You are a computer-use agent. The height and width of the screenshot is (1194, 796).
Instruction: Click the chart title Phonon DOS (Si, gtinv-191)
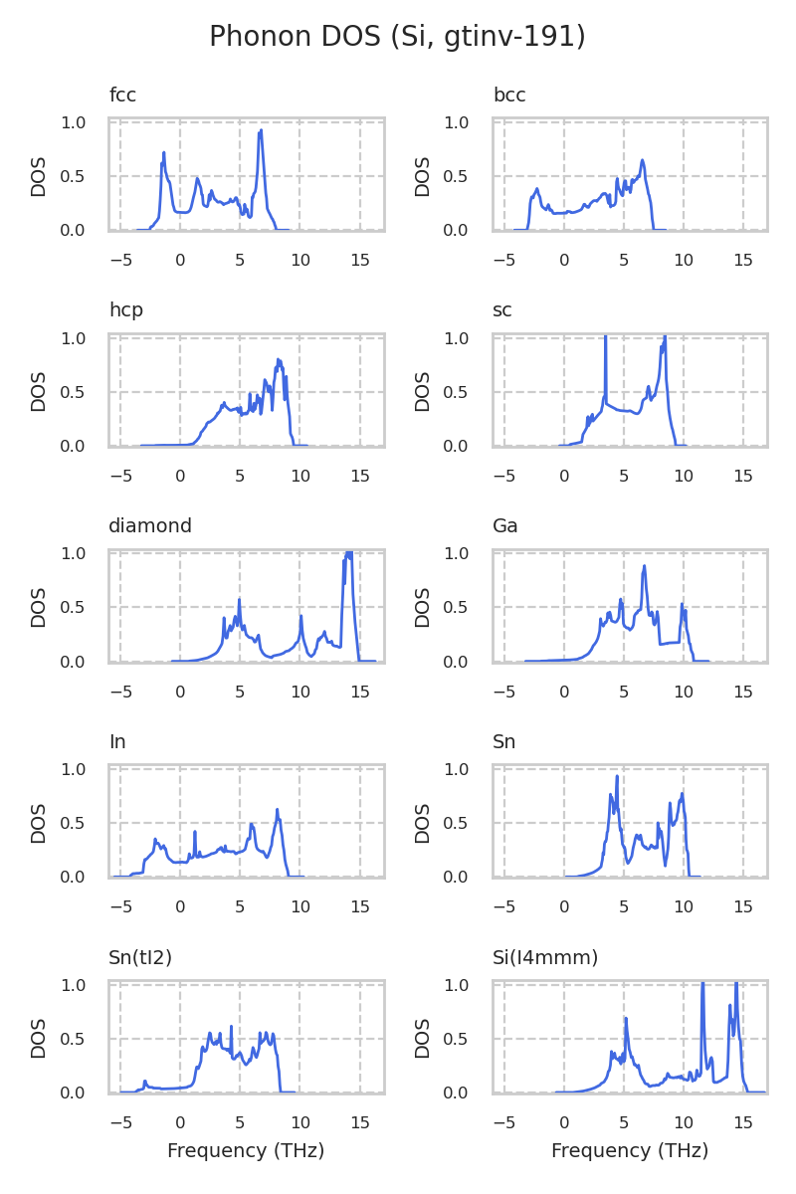[x=397, y=37]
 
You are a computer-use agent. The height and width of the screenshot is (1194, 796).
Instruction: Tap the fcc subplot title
[x=122, y=96]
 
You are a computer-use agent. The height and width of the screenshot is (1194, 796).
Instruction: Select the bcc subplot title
[x=509, y=96]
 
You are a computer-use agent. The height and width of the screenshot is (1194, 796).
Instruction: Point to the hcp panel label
[x=126, y=310]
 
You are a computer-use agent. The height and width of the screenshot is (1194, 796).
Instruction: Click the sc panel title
[x=502, y=310]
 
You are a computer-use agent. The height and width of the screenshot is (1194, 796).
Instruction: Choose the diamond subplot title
[x=150, y=526]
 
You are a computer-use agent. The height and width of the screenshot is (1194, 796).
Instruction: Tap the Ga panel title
[x=505, y=526]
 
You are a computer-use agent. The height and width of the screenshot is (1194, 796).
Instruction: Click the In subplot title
[x=117, y=742]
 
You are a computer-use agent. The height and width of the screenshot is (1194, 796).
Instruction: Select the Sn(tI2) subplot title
[x=140, y=958]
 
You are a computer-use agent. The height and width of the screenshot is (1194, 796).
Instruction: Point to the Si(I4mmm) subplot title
[x=545, y=958]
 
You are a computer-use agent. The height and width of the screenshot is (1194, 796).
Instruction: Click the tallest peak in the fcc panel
[x=261, y=130]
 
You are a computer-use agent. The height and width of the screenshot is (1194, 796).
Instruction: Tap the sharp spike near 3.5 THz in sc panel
[x=605, y=338]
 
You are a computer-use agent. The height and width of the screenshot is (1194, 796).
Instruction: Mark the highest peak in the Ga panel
[x=645, y=566]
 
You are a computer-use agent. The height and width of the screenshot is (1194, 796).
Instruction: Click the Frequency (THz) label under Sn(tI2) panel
[x=246, y=1151]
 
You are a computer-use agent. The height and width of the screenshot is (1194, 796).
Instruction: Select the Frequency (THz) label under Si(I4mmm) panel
[x=630, y=1151]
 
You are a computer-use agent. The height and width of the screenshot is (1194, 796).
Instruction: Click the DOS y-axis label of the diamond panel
[x=39, y=607]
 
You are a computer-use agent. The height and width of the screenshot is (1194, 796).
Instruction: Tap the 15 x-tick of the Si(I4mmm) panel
[x=743, y=1122]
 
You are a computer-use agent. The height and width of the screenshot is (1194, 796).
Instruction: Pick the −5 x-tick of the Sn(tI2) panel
[x=120, y=1122]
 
